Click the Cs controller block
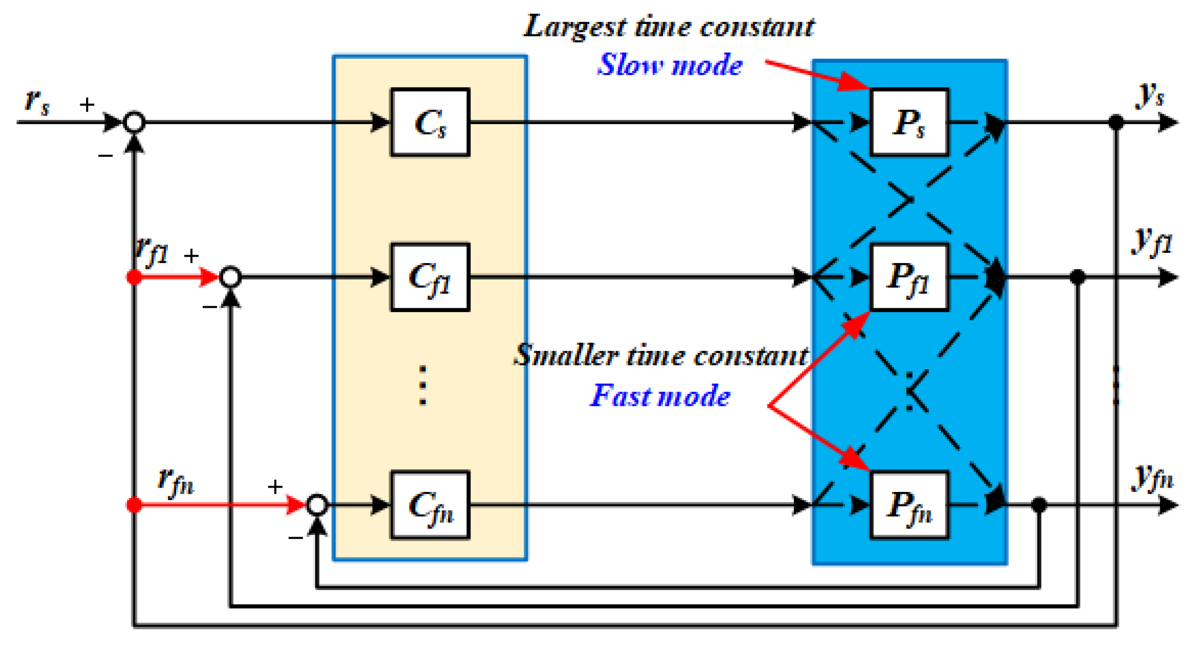tap(430, 122)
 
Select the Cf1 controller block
tap(430, 277)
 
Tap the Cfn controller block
tap(430, 505)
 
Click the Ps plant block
tap(909, 122)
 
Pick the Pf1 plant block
tap(909, 277)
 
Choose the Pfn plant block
tap(909, 505)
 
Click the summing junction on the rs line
tap(134, 122)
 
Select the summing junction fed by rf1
tap(230, 277)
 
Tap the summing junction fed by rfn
tap(317, 505)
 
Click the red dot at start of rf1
tap(134, 277)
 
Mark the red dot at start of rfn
tap(134, 505)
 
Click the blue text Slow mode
tap(670, 65)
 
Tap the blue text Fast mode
tap(660, 396)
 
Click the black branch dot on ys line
tap(1116, 122)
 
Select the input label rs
tap(37, 101)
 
